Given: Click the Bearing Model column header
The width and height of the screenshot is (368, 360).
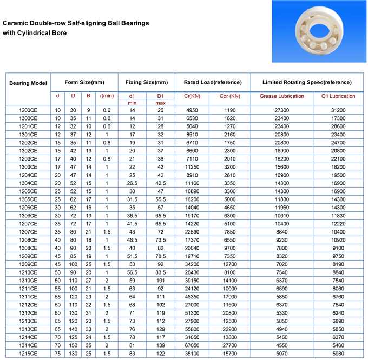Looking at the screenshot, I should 28,83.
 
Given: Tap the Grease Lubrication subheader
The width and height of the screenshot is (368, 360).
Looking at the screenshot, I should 282,96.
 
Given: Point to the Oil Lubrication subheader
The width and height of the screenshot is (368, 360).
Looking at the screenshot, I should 338,96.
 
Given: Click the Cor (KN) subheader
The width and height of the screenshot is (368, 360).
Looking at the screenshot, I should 229,96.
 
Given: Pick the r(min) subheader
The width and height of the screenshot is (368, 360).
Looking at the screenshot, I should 107,96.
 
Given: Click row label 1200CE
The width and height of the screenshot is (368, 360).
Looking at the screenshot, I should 28,110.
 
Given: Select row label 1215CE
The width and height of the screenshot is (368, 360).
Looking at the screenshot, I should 28,354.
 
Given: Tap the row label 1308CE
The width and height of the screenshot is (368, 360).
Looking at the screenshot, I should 28,248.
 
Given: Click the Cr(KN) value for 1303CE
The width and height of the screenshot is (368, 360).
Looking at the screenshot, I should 192,167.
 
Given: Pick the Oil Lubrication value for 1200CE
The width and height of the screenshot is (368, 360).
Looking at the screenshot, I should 338,110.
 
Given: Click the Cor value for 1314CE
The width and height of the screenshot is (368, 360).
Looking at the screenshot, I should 229,345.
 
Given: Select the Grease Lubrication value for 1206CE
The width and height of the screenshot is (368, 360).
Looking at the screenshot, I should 282,208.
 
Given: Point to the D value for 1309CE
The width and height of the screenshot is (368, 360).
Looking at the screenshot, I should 73,264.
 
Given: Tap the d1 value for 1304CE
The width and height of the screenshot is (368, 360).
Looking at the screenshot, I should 132,183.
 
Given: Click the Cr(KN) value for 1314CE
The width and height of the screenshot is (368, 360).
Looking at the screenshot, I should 192,345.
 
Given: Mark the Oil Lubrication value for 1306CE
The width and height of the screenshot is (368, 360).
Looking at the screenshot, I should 338,216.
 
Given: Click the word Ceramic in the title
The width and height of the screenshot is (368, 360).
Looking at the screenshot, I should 16,24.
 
